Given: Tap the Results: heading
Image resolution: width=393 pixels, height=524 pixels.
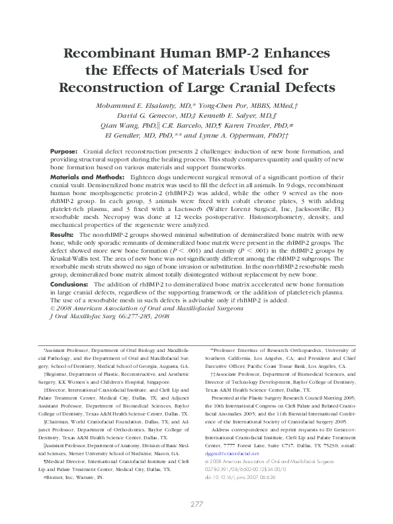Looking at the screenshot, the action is pos(62,235).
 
